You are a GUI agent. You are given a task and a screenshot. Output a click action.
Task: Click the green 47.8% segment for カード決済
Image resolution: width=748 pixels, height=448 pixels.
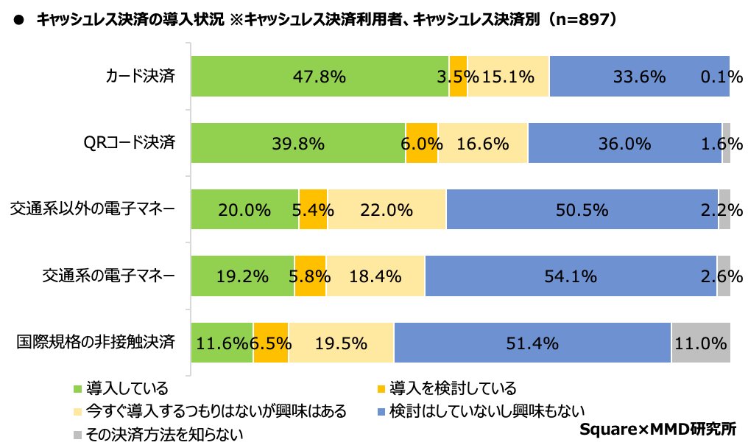coord(320,76)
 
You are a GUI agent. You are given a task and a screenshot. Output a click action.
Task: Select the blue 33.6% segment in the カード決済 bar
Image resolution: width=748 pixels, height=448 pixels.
coord(638,76)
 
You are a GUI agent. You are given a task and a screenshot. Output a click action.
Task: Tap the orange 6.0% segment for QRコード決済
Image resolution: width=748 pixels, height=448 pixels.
coord(421,143)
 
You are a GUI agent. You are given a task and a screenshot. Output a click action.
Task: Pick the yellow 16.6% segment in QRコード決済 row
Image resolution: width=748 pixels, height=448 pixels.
coord(482,143)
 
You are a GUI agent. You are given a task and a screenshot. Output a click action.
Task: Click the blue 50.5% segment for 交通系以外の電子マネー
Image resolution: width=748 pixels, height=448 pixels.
coord(582,209)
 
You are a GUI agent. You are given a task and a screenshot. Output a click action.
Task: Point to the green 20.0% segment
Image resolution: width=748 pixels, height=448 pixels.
coord(244,209)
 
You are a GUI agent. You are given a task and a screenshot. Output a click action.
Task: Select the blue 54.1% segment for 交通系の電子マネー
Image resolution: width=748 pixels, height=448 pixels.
coord(571,276)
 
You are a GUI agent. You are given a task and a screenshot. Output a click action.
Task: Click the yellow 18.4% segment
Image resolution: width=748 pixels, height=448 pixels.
coord(375,276)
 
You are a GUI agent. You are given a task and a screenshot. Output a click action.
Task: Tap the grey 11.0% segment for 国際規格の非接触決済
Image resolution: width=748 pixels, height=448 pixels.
coord(700,343)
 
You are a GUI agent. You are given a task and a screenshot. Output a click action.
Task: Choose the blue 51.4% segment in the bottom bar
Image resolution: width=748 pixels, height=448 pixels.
coord(532,343)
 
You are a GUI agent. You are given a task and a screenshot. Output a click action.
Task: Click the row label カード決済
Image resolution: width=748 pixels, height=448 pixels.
coord(140,76)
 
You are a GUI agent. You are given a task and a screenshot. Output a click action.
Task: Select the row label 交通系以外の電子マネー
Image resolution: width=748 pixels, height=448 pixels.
coord(93,209)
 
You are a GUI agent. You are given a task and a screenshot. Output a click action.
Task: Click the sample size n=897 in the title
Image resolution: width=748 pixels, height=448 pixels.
coord(582,21)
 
